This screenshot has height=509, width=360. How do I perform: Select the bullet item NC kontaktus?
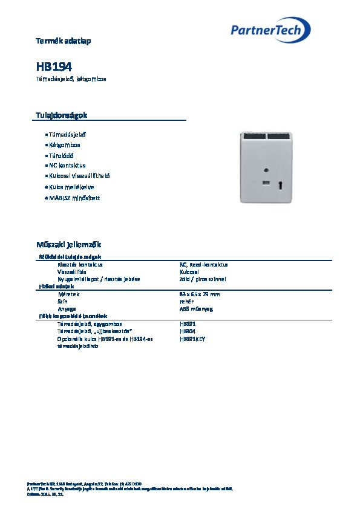(67, 165)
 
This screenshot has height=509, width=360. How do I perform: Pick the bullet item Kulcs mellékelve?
(71, 187)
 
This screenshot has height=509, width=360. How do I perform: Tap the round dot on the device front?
(266, 170)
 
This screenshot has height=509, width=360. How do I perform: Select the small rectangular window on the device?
(266, 182)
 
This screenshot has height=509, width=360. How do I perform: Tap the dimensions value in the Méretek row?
(199, 294)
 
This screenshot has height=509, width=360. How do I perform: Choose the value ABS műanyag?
(197, 308)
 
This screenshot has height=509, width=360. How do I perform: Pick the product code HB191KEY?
(193, 339)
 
